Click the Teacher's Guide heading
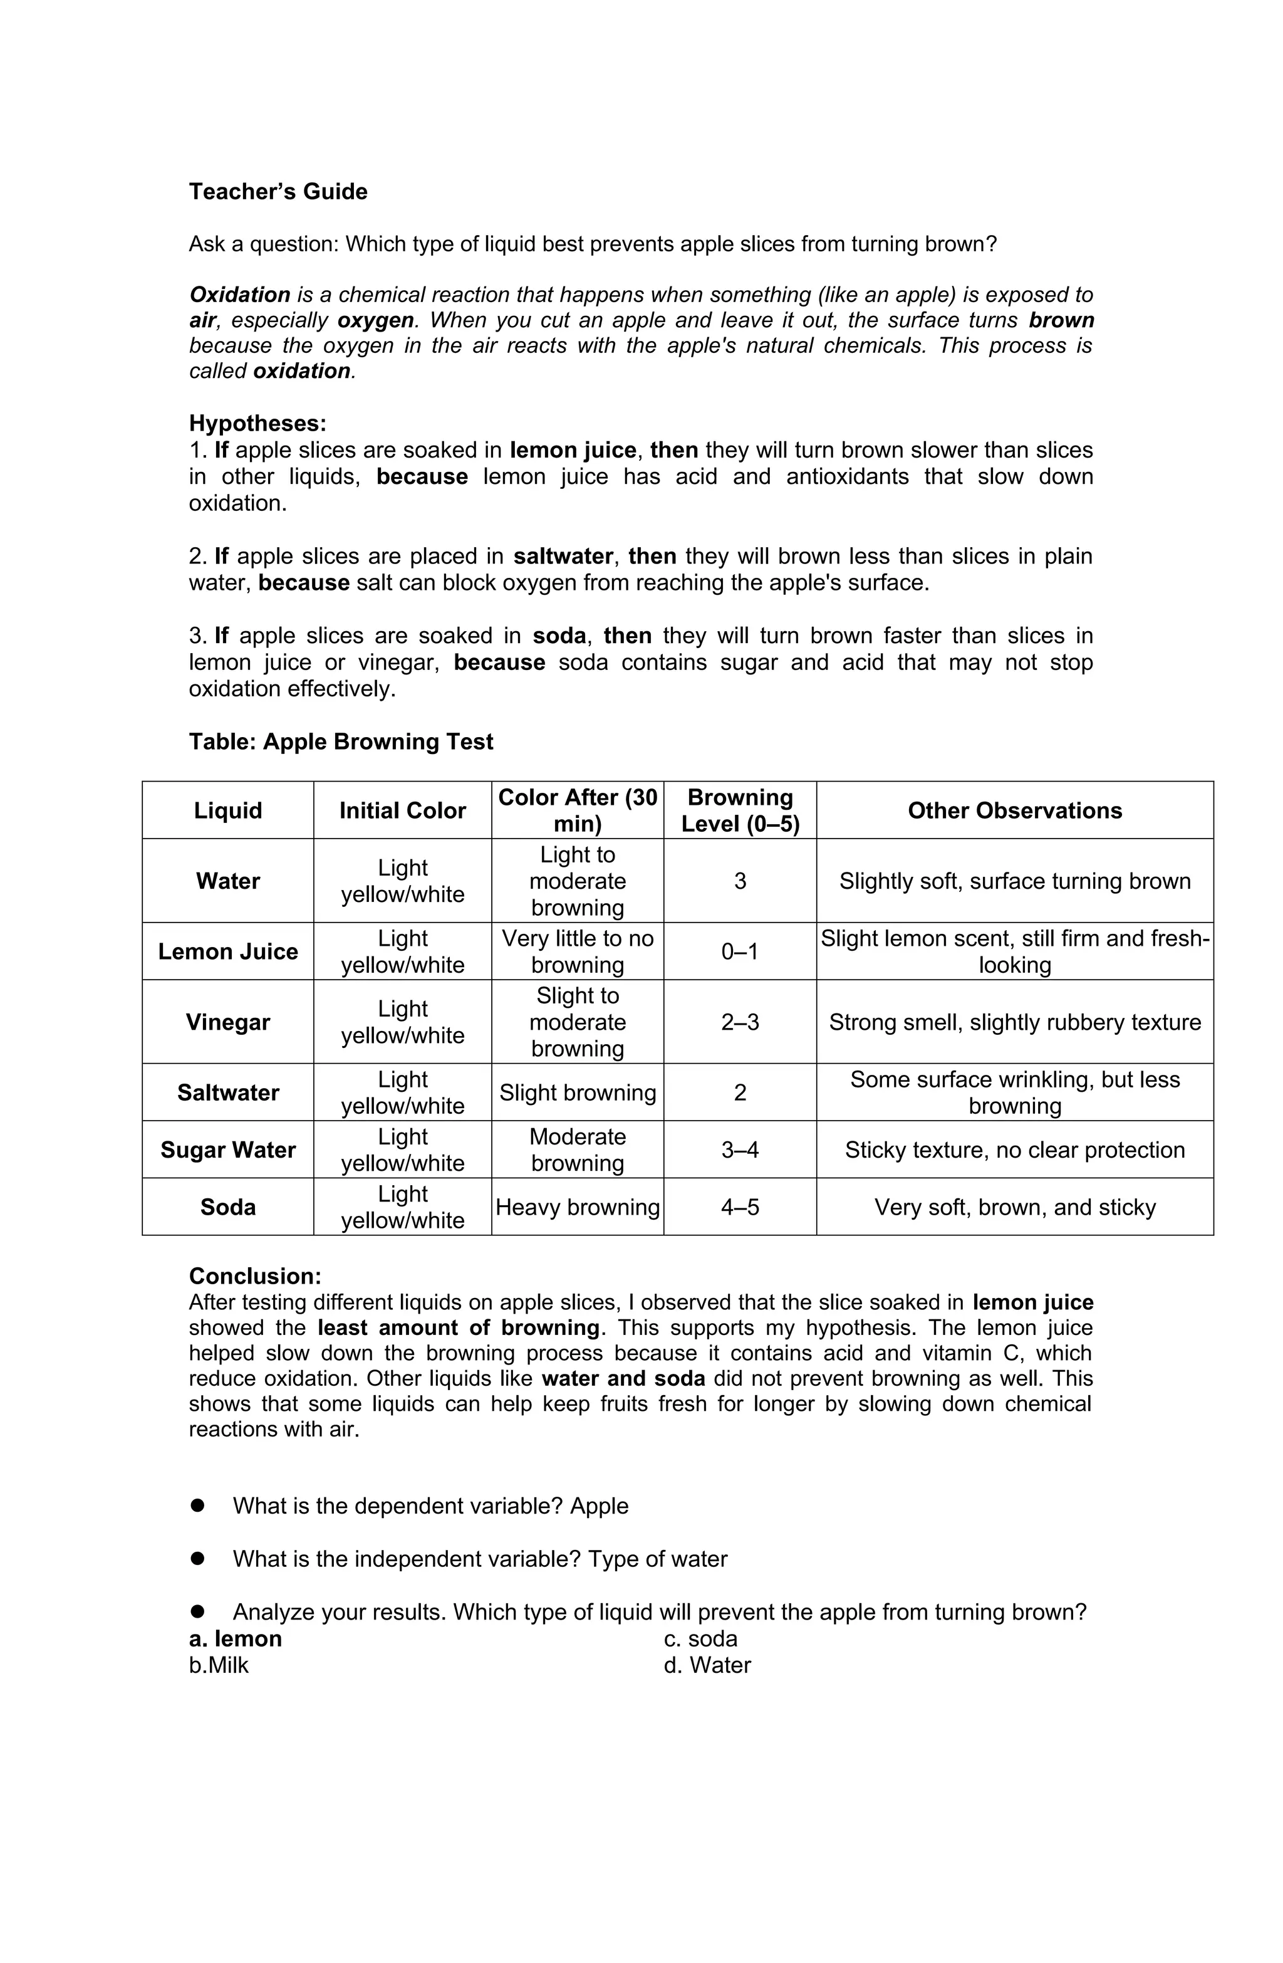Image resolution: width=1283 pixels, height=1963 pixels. [278, 191]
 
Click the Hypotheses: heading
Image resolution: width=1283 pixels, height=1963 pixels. [257, 423]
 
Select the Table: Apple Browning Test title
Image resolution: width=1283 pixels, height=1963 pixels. [341, 741]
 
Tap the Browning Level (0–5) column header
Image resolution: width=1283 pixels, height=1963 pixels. [740, 810]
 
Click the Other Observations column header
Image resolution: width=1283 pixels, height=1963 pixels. [1014, 810]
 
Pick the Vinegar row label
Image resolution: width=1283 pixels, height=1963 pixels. [227, 1022]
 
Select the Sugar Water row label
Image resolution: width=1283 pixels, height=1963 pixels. [227, 1149]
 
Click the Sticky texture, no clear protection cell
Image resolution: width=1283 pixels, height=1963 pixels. [1014, 1149]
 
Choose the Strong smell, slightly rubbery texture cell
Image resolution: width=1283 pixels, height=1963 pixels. [1014, 1022]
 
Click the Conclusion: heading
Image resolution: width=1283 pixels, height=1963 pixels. [255, 1276]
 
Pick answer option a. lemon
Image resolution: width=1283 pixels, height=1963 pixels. [235, 1639]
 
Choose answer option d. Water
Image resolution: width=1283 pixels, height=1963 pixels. [707, 1665]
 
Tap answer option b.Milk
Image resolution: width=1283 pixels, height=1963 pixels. [219, 1665]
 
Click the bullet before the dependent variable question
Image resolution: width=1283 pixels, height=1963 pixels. [197, 1505]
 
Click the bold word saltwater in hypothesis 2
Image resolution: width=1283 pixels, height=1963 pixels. [563, 556]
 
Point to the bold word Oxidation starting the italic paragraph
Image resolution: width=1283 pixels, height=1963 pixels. [240, 295]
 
